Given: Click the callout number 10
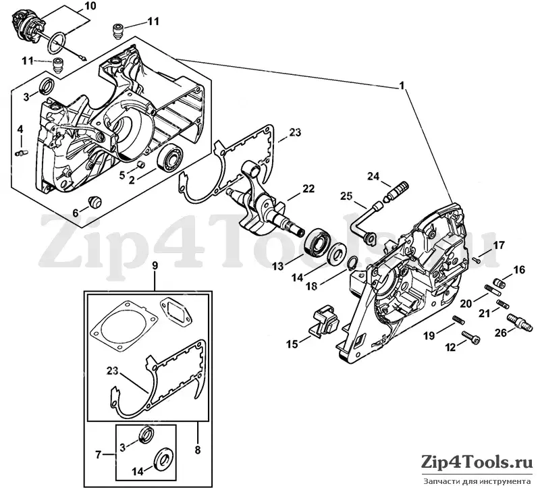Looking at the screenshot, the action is pos(89,6).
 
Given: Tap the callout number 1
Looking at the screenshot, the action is pos(401,86).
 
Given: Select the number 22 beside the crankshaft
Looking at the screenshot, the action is pos(308,189).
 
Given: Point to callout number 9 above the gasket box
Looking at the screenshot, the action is pos(155,266).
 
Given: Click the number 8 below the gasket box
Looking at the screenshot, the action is pos(197,450).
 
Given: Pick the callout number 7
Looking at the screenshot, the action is pos(99,455).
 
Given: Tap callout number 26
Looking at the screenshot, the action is pos(502,333).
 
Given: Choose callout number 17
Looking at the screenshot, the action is pos(499,246).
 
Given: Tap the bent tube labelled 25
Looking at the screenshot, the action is pos(364,223).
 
